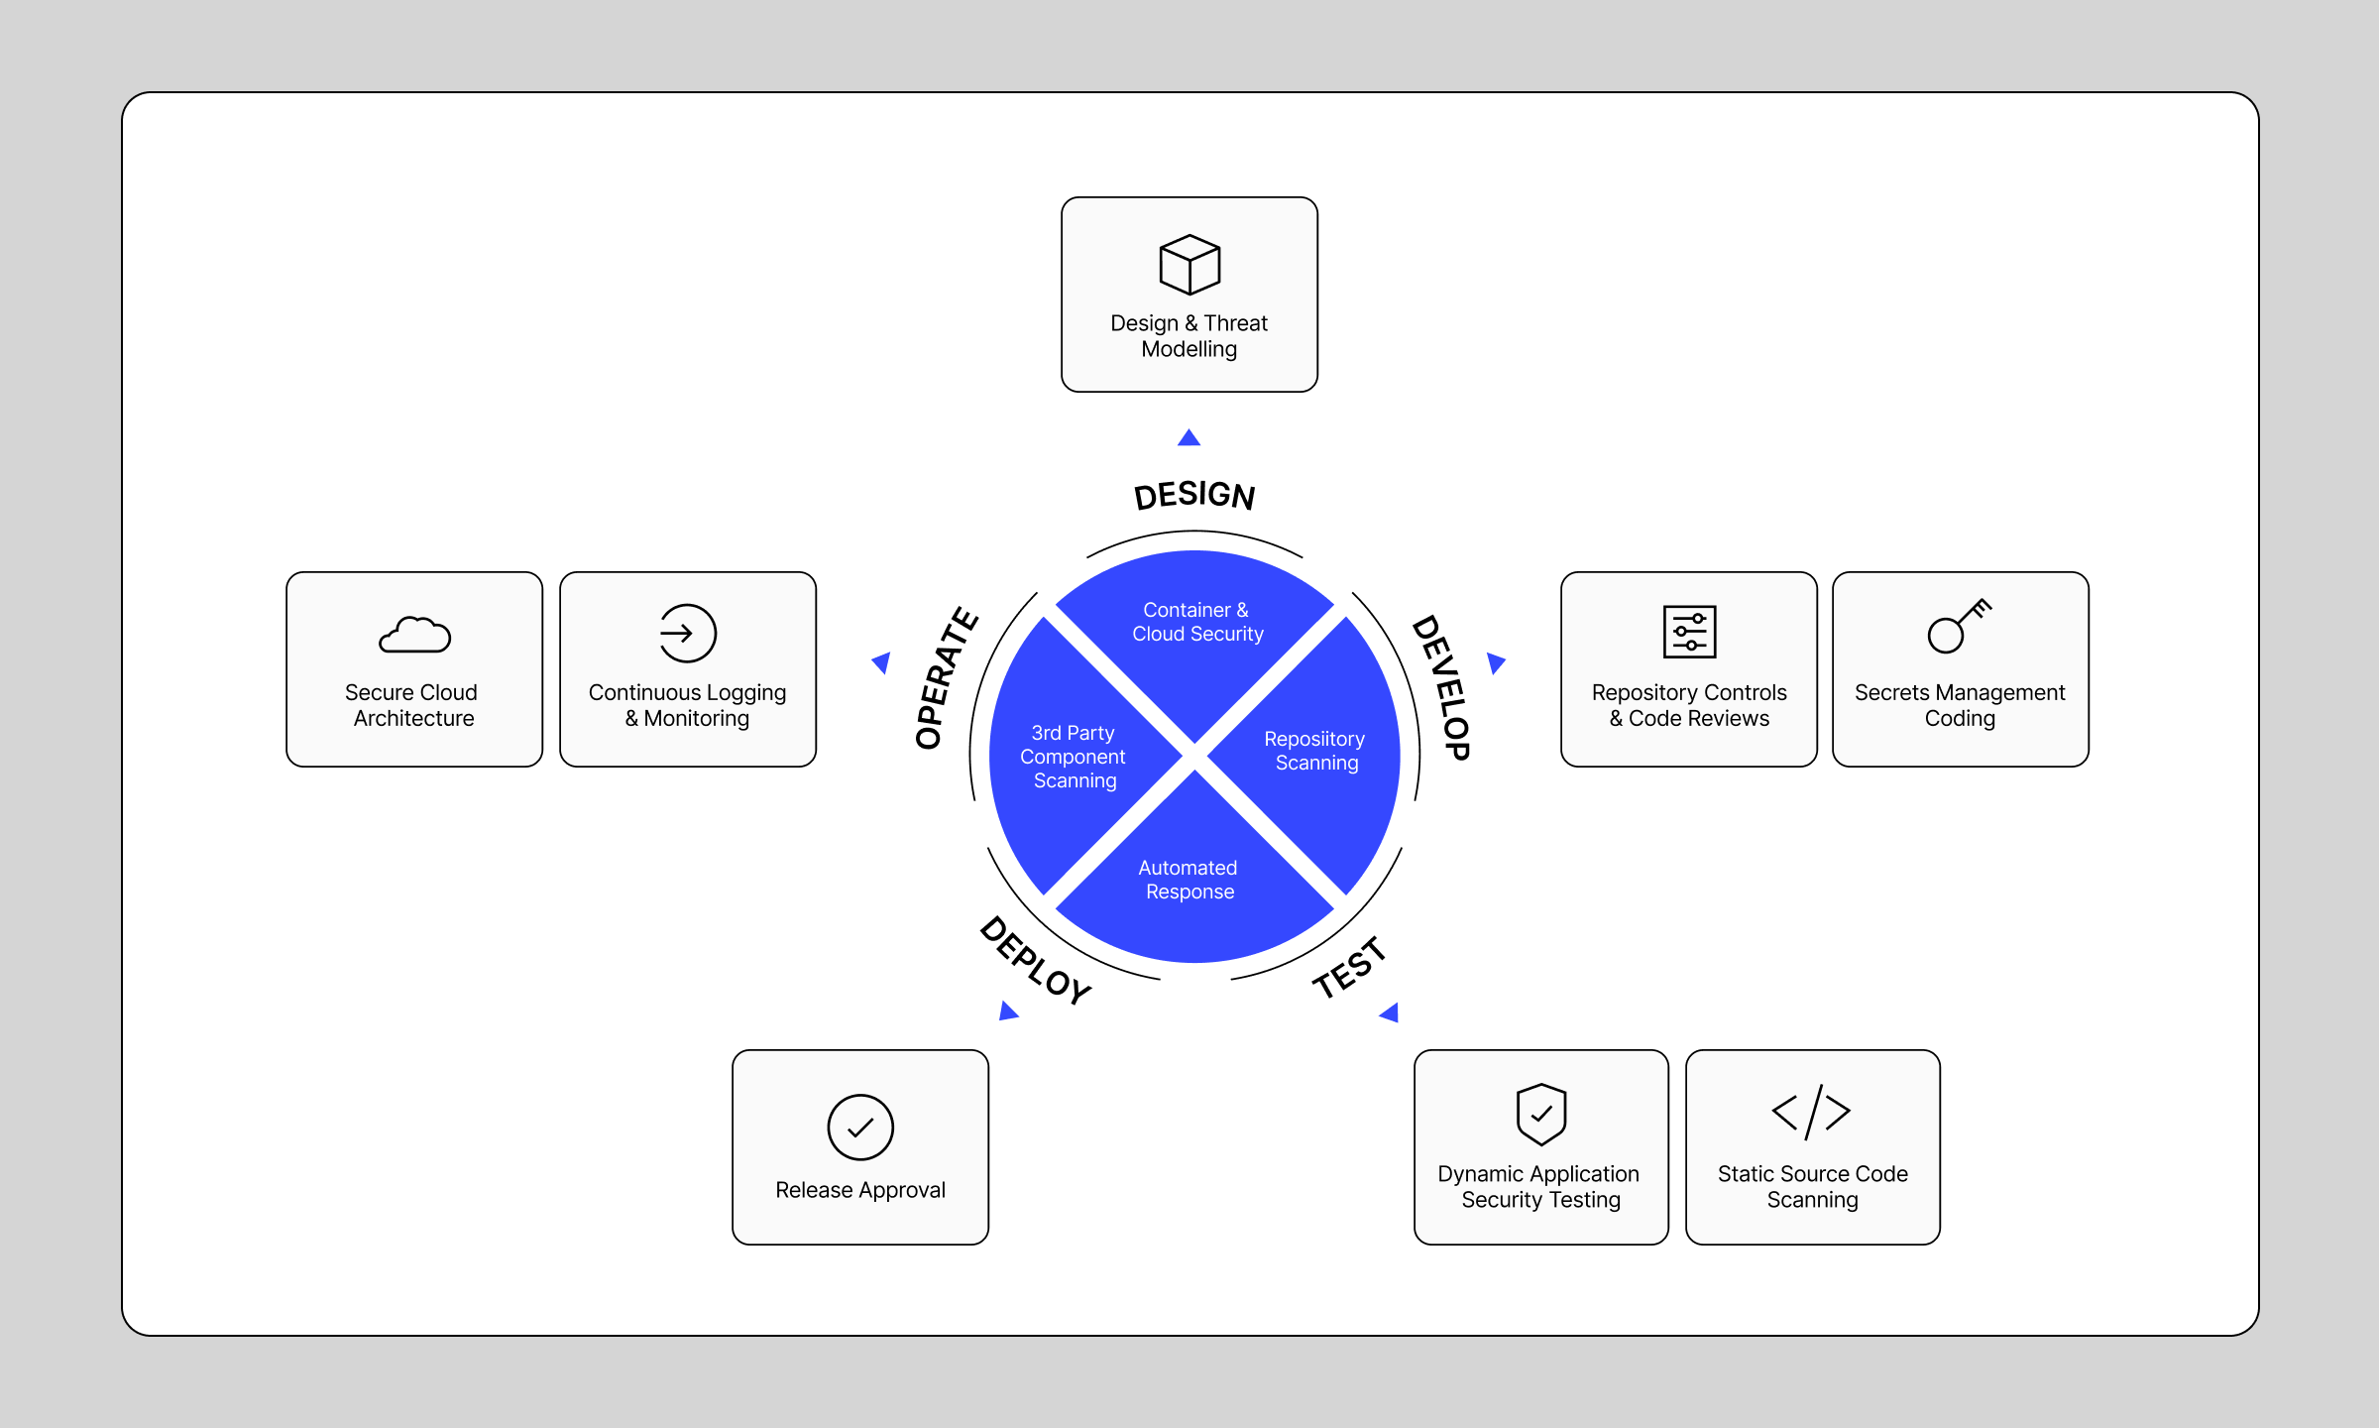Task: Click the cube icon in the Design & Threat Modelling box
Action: click(x=1189, y=265)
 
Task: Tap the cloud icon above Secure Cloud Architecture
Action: click(x=414, y=635)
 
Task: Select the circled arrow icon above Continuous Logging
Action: click(x=687, y=633)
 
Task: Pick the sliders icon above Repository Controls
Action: click(x=1689, y=632)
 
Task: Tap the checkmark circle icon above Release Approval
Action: click(x=860, y=1128)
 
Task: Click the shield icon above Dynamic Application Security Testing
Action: click(x=1541, y=1114)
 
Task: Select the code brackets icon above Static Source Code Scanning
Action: click(x=1811, y=1112)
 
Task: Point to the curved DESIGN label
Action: click(x=1194, y=495)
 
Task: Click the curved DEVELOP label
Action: click(x=1441, y=687)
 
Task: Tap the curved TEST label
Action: click(x=1348, y=969)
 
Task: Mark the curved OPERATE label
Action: click(x=945, y=678)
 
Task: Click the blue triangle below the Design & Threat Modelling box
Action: click(x=1189, y=438)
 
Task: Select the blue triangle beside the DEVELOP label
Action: click(x=1496, y=662)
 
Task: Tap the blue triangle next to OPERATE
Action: click(x=881, y=662)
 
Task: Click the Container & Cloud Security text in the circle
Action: click(x=1197, y=622)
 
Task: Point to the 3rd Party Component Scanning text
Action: click(x=1074, y=757)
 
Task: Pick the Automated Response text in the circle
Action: click(x=1189, y=880)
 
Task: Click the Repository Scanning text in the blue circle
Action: click(x=1315, y=751)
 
